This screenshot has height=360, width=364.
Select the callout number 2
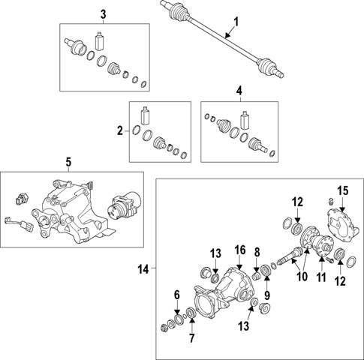119,131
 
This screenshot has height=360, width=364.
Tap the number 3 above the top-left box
104,13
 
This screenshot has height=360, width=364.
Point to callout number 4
239,91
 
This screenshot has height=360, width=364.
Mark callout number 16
239,248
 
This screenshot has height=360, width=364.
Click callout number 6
177,293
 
